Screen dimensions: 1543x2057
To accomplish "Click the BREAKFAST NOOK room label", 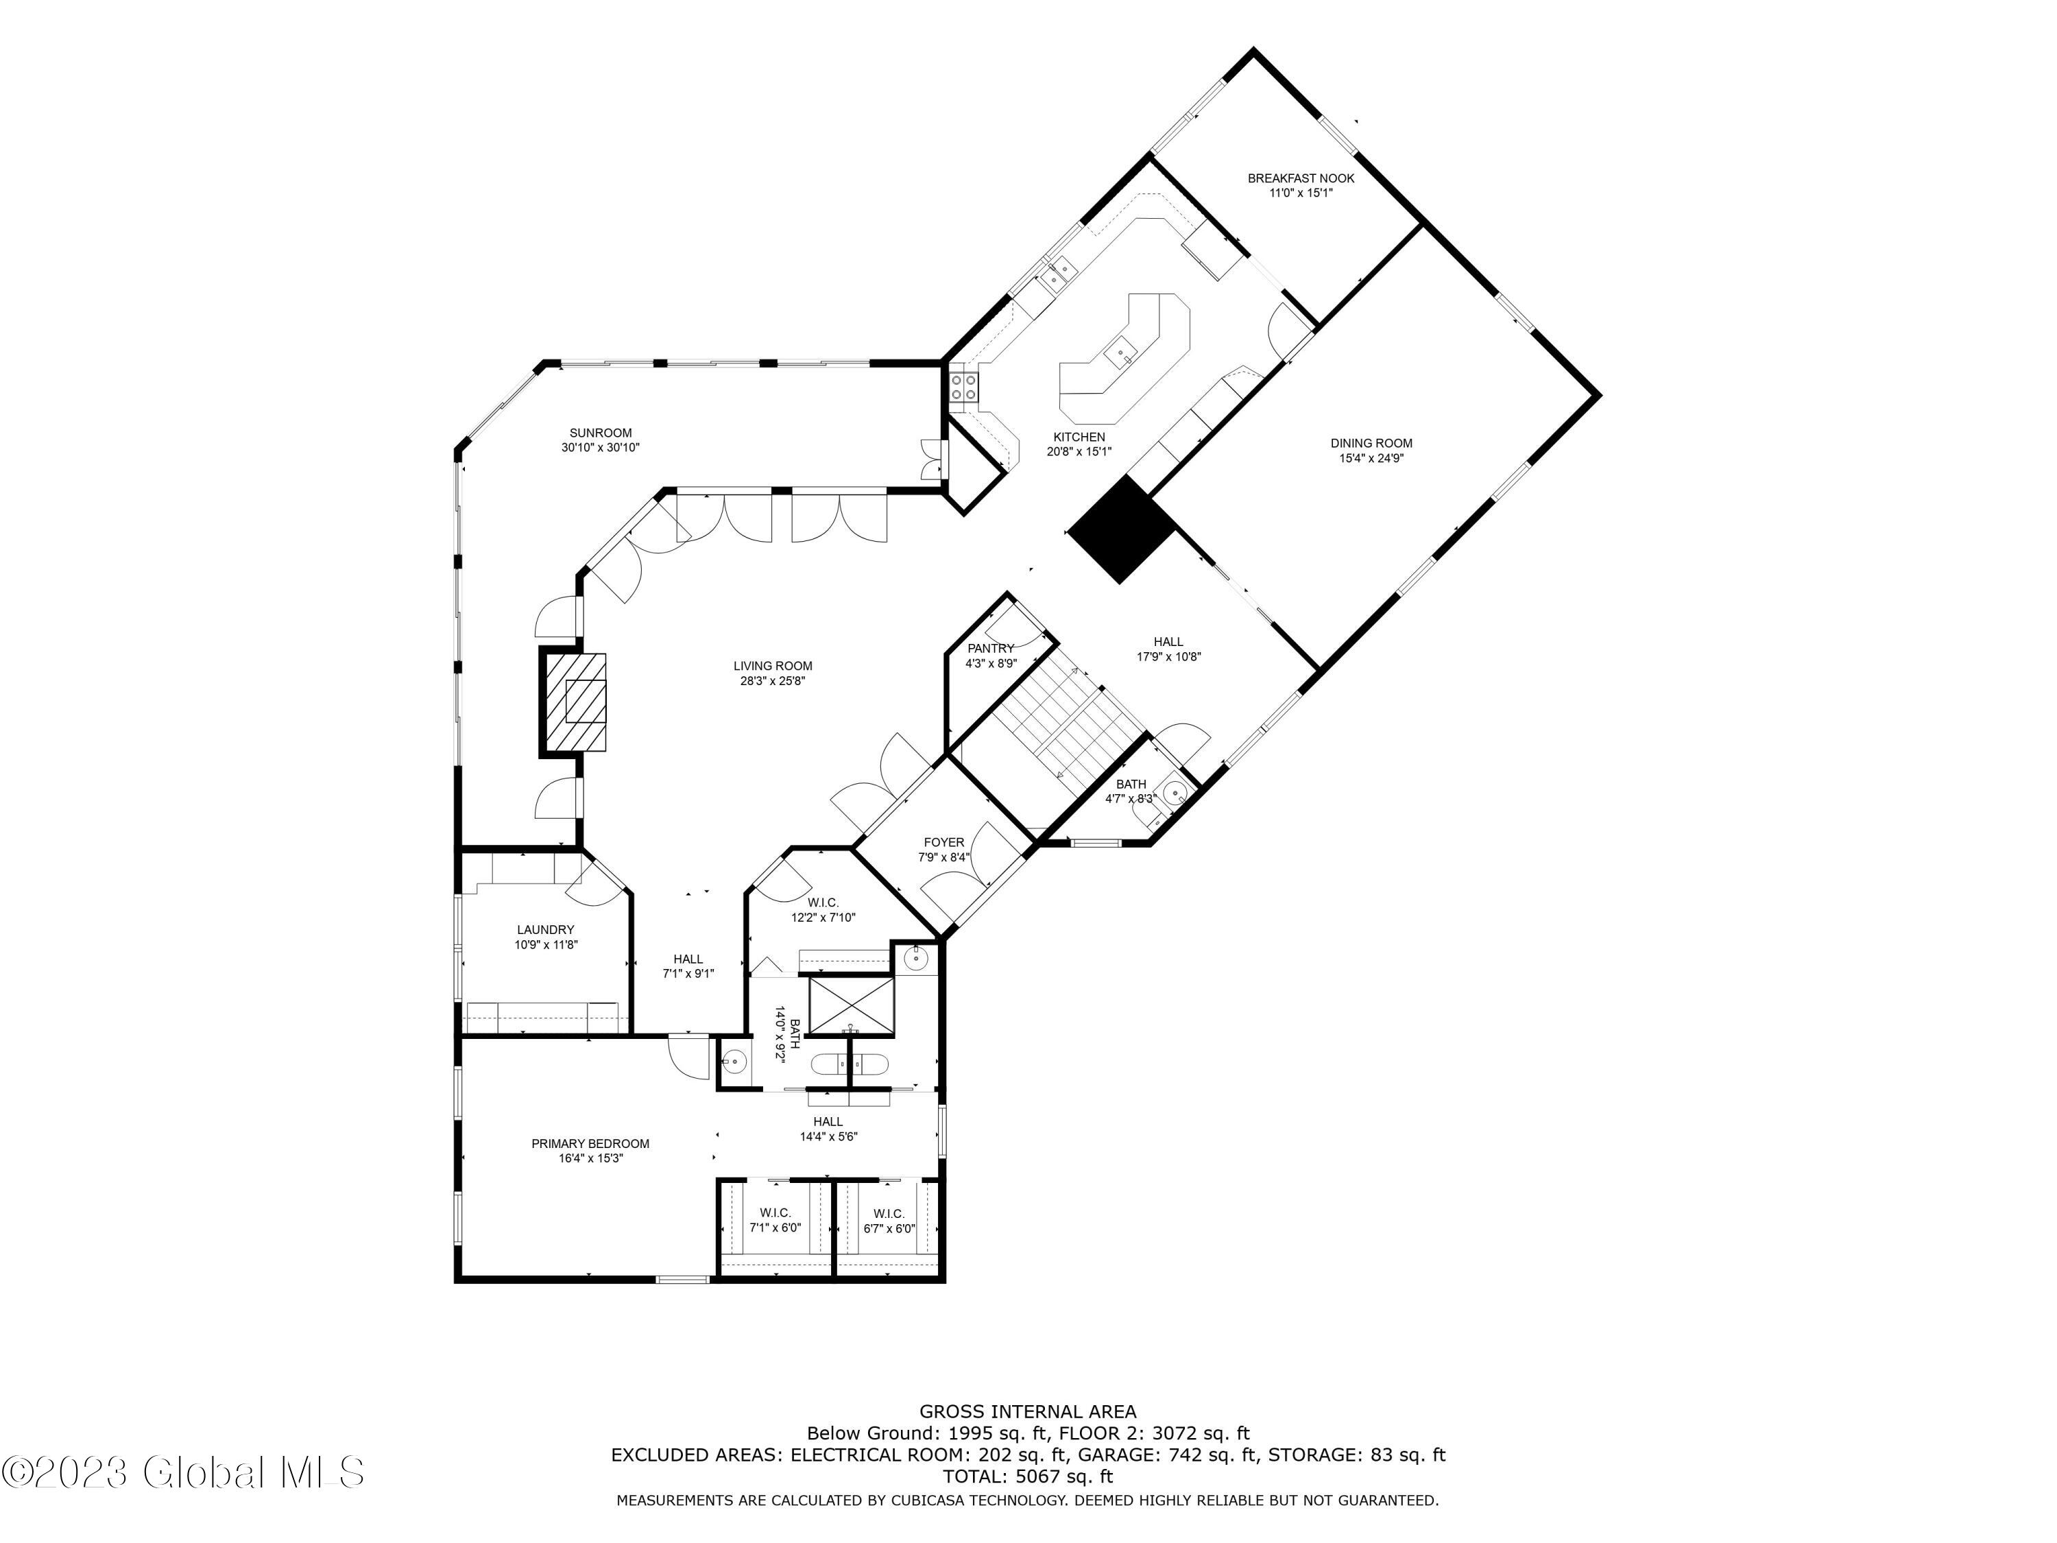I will pos(1300,178).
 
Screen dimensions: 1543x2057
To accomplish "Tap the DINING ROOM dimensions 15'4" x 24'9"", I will pos(1371,459).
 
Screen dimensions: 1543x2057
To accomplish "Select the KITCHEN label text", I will pos(1079,437).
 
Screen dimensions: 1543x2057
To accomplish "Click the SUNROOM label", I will pos(601,433).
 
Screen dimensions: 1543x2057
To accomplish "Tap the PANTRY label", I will pos(990,648).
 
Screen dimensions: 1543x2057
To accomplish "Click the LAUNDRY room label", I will pos(546,929).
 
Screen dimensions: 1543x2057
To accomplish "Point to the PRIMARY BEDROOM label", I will pos(590,1144).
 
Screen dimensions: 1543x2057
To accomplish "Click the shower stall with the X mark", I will pos(851,1005).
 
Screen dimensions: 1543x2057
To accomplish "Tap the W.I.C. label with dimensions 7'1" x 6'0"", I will pos(775,1228).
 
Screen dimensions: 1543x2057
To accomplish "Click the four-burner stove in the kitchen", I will pos(963,387).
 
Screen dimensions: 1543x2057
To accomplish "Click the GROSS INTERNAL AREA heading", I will pos(1028,1412).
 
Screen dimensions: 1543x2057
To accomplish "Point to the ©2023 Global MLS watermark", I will pos(182,1472).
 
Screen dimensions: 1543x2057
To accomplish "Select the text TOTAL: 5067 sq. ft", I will pos(1028,1476).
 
